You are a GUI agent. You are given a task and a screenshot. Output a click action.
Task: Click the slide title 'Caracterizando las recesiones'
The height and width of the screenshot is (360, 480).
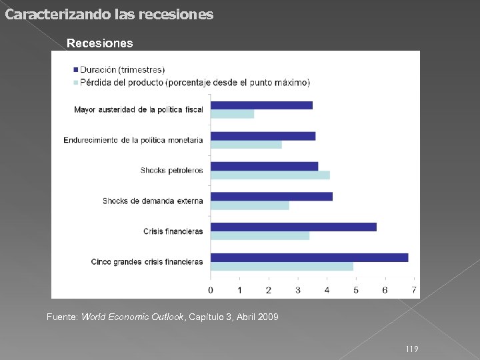pos(109,14)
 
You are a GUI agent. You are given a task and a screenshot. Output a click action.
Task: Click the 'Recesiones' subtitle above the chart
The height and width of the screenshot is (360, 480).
pos(99,43)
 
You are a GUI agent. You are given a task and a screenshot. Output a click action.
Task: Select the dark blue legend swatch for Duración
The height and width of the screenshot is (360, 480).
pos(75,70)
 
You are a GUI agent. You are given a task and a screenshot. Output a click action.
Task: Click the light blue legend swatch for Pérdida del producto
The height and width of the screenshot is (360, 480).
pos(75,83)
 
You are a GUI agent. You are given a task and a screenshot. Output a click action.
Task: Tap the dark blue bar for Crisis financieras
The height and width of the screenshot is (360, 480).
pos(293,227)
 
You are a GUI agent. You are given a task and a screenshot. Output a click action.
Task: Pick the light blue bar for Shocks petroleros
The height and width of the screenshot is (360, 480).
pos(270,175)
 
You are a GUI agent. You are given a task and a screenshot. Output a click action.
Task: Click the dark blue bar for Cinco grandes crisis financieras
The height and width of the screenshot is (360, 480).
pos(309,257)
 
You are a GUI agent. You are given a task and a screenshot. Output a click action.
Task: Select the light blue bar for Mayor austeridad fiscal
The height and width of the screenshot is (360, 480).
pos(232,114)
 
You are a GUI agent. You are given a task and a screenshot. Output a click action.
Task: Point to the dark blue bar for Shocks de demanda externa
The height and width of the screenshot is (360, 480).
pos(271,196)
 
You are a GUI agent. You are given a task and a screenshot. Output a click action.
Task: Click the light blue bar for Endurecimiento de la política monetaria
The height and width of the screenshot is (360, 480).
pos(246,145)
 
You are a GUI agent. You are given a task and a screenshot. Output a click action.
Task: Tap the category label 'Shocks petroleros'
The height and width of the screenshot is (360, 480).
pos(171,171)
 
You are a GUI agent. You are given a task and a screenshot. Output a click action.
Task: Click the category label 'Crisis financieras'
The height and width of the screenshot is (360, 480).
pos(173,231)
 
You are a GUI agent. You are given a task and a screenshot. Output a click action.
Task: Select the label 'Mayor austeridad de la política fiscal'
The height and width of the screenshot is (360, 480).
pos(138,109)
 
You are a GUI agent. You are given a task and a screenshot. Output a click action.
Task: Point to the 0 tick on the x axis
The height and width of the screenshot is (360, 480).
pos(211,290)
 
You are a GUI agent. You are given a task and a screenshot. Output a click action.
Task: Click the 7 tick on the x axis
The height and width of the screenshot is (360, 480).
pos(414,290)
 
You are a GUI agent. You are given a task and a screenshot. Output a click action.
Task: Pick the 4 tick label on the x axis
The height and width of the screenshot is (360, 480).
pos(327,290)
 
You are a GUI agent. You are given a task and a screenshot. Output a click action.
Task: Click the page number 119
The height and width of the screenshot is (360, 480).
pos(412,349)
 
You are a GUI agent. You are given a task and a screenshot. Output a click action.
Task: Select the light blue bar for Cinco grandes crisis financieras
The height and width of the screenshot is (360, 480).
pos(282,267)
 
